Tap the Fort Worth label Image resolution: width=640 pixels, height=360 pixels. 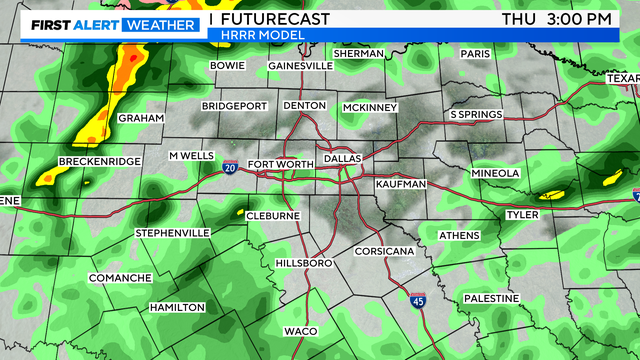click(x=274, y=164)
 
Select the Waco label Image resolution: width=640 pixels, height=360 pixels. click(x=300, y=330)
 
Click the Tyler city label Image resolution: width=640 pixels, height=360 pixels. click(x=522, y=214)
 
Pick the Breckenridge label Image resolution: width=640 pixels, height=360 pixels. click(x=99, y=161)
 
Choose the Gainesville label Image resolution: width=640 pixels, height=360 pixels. click(x=300, y=66)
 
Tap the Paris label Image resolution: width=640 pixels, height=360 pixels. click(x=479, y=54)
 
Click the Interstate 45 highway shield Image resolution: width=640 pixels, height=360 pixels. click(x=419, y=300)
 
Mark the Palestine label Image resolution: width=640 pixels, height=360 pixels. click(x=491, y=299)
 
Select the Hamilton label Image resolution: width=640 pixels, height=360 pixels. click(x=177, y=307)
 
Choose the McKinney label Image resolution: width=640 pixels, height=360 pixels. click(x=370, y=107)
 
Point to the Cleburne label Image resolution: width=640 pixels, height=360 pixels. click(x=274, y=216)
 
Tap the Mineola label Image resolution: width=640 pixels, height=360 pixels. click(x=497, y=173)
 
